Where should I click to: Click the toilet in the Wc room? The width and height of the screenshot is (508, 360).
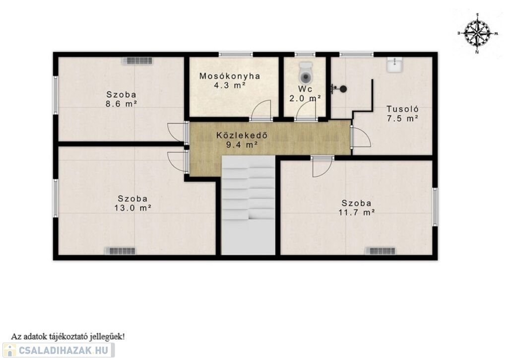click(x=306, y=72)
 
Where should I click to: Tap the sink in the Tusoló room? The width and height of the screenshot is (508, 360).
click(x=394, y=65)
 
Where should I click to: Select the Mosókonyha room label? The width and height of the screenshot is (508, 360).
click(x=230, y=76)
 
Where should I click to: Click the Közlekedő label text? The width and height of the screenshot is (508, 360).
click(x=242, y=135)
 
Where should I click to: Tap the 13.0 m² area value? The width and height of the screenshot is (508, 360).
click(x=133, y=208)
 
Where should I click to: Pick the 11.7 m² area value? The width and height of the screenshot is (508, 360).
click(x=357, y=213)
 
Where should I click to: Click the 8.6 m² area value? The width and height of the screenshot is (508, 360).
click(x=121, y=104)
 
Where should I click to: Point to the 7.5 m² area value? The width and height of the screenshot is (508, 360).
click(x=402, y=118)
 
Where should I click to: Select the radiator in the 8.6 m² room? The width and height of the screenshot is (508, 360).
click(x=137, y=61)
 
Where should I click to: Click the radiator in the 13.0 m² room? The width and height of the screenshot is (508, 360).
click(x=121, y=251)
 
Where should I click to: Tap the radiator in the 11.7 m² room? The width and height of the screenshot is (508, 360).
click(x=381, y=251)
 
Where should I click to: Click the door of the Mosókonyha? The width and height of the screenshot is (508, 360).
click(x=261, y=110)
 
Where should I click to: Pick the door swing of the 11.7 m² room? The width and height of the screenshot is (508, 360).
click(x=322, y=167)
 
